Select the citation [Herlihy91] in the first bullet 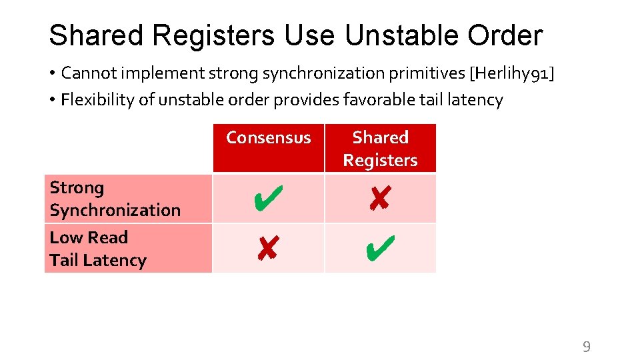pyautogui.click(x=512, y=72)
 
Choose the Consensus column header pyautogui.click(x=268, y=138)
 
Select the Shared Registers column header pyautogui.click(x=380, y=149)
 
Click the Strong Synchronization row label pyautogui.click(x=115, y=199)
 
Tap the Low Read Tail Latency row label pyautogui.click(x=97, y=249)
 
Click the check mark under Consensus pyautogui.click(x=267, y=199)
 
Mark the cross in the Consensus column pyautogui.click(x=267, y=249)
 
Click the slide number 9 pyautogui.click(x=586, y=346)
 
